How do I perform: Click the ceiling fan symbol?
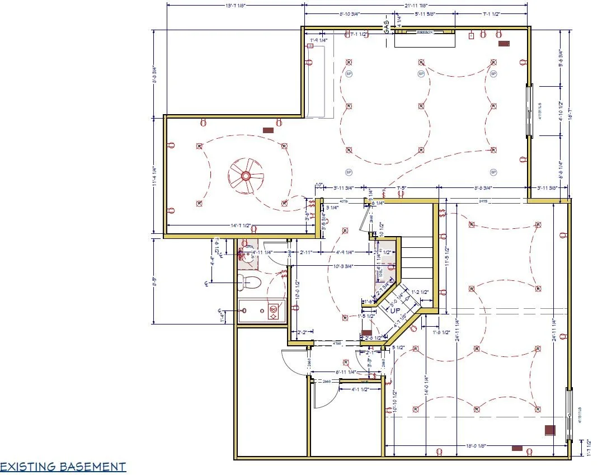click(246, 176)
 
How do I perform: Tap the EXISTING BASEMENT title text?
click(63, 467)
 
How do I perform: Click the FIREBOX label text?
click(425, 33)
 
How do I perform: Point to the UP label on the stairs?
click(396, 310)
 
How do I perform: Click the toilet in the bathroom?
click(250, 282)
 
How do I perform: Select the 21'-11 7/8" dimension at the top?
click(416, 6)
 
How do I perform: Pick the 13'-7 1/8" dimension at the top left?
click(235, 6)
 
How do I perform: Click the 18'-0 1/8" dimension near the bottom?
click(474, 445)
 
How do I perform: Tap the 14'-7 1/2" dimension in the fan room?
click(244, 225)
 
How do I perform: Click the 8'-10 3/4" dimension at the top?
click(341, 13)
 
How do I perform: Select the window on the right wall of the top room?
click(529, 110)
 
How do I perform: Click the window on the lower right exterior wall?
click(570, 414)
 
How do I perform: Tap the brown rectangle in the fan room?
click(268, 130)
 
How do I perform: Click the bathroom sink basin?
click(246, 256)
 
